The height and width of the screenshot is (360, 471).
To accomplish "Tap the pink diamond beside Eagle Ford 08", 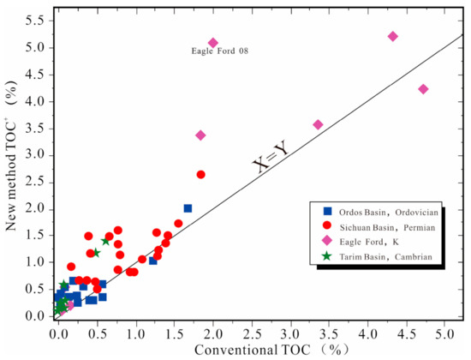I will pos(213,43).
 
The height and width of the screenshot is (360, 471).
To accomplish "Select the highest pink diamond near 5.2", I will pos(392,36).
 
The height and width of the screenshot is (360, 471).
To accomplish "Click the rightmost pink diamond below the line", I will pos(423,89).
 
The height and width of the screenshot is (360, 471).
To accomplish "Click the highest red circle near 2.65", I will pos(200,174).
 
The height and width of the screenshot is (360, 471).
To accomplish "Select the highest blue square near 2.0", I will pos(188,208).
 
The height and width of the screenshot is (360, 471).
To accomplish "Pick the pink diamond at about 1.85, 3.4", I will pos(200,135).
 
